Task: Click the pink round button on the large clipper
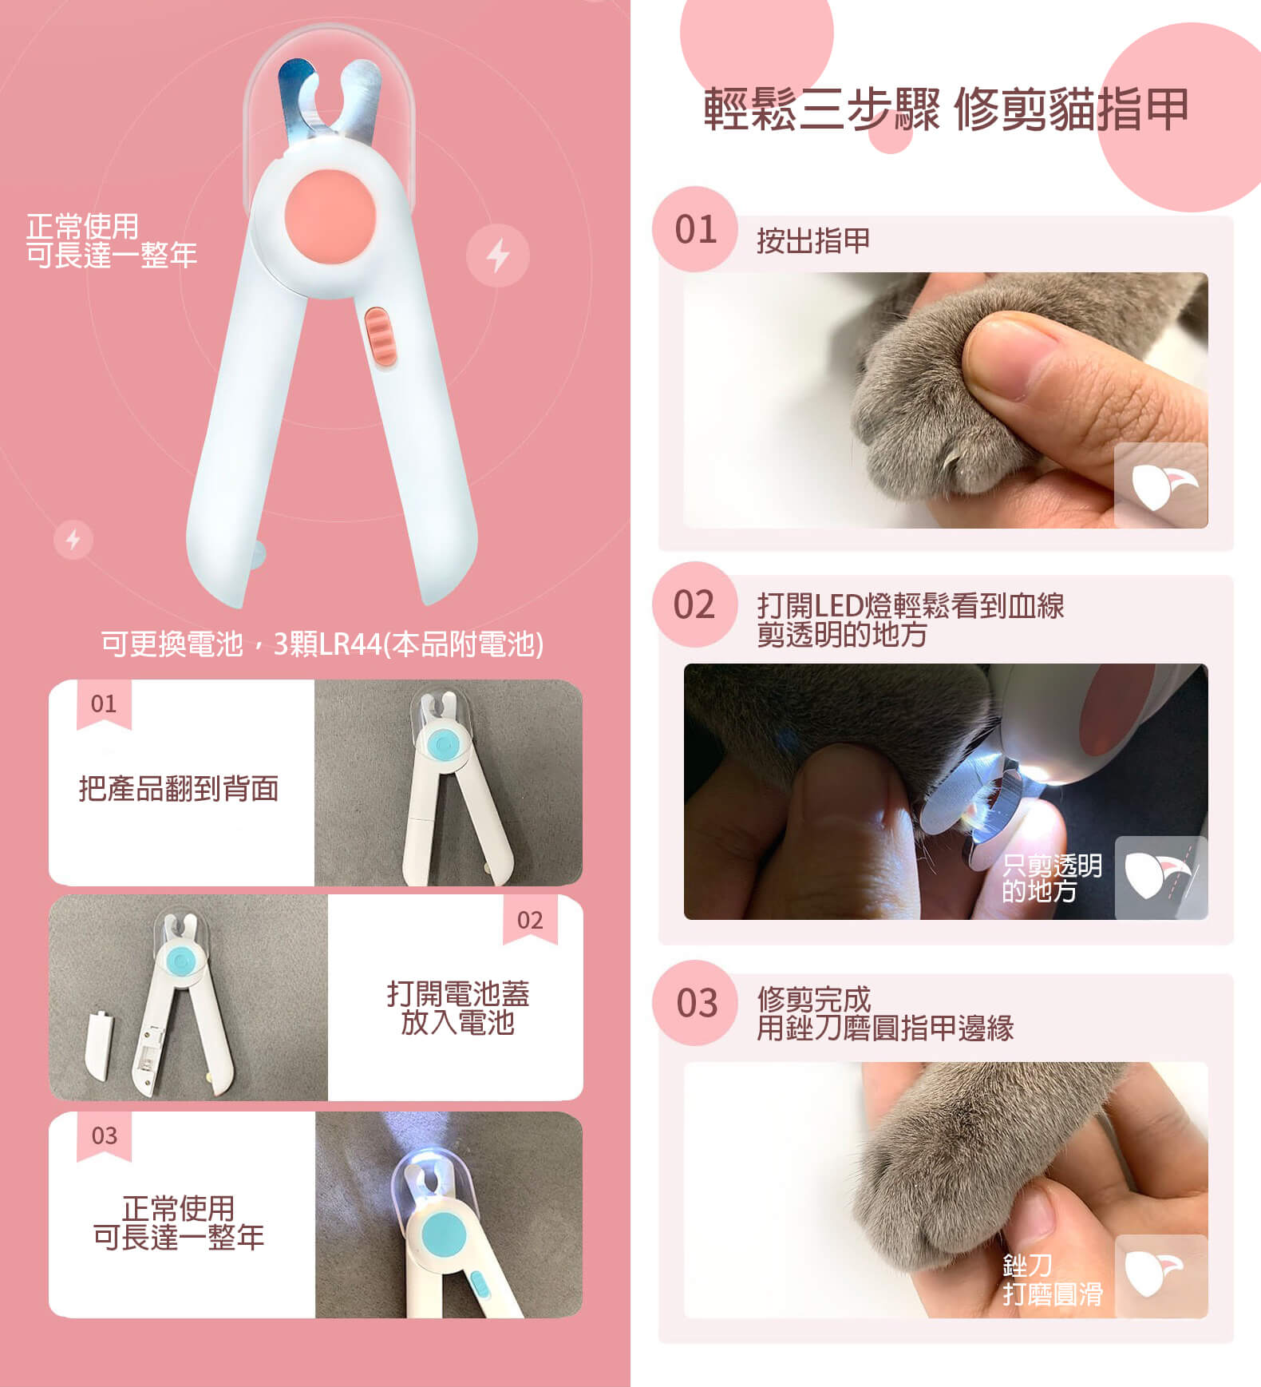click(x=330, y=213)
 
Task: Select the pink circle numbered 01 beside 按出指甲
click(x=695, y=229)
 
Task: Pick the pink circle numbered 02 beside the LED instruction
click(x=694, y=604)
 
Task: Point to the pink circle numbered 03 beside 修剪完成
click(x=696, y=1003)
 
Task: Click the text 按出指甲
click(x=813, y=240)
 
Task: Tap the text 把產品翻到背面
click(x=179, y=788)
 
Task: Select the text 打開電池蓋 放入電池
click(x=457, y=1008)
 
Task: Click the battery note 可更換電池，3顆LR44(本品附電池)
click(x=322, y=644)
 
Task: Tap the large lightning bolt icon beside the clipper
click(x=498, y=256)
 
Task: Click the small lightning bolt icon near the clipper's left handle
click(x=73, y=540)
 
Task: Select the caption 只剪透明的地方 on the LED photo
click(x=1052, y=878)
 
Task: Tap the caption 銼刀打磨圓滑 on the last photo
click(x=1052, y=1279)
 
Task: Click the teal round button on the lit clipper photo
click(x=445, y=1234)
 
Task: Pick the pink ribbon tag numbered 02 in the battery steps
click(x=530, y=920)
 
